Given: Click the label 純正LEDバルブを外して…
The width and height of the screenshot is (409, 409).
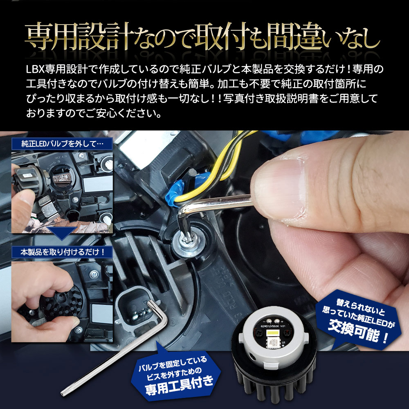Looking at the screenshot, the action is click(62, 144).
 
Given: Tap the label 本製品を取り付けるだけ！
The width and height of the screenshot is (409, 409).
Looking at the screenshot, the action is click(63, 252).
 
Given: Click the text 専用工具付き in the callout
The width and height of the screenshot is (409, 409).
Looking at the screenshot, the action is click(180, 386).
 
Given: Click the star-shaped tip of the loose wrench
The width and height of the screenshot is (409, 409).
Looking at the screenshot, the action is click(63, 393).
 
